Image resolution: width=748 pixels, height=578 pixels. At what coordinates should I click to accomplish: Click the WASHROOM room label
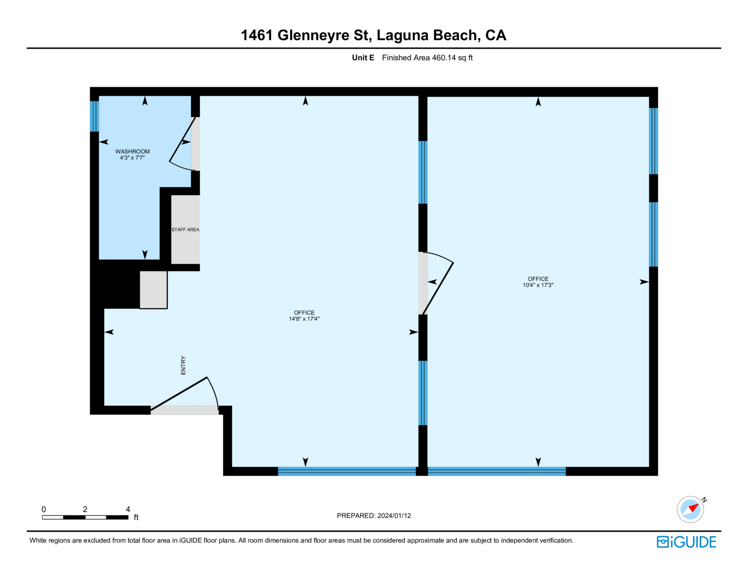(x=132, y=152)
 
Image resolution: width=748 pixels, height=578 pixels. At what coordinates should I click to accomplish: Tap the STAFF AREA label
(x=185, y=230)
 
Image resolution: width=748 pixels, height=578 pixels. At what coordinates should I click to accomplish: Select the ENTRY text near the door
(x=183, y=365)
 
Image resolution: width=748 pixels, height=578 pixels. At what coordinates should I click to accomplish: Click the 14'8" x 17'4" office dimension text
(x=304, y=319)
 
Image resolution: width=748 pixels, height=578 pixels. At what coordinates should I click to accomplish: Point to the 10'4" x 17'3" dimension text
(x=538, y=285)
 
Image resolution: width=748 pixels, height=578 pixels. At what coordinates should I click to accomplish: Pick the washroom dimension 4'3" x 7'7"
(x=132, y=158)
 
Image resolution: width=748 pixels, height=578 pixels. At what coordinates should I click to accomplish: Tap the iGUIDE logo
(x=686, y=542)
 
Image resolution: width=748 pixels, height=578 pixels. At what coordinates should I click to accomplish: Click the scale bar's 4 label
(x=128, y=509)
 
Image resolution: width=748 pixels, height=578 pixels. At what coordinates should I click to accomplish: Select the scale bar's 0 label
(x=44, y=509)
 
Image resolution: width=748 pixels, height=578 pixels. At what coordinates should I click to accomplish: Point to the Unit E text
(x=363, y=58)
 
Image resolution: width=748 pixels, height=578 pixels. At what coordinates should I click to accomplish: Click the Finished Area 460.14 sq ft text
(x=427, y=58)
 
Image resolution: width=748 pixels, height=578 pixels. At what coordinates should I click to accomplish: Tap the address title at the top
(x=373, y=36)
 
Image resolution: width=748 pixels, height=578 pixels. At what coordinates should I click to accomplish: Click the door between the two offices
(x=437, y=283)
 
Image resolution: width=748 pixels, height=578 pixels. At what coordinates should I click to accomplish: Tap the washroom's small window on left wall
(x=94, y=116)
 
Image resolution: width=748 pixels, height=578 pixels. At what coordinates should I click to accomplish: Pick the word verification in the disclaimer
(x=556, y=541)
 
